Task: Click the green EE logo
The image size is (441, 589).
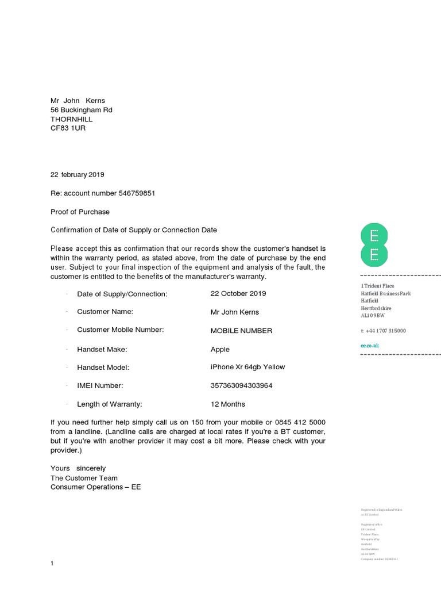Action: [x=374, y=246]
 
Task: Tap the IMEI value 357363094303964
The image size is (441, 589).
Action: [x=241, y=385]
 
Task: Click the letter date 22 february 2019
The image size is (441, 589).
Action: [x=78, y=175]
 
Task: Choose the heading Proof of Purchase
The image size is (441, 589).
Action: [x=80, y=212]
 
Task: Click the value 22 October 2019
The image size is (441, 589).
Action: [x=238, y=293]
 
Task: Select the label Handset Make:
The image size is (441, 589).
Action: [x=102, y=349]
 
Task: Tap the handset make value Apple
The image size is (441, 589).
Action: [x=220, y=349]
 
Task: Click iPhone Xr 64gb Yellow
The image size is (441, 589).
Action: [x=247, y=367]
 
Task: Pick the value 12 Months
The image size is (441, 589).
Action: [x=228, y=404]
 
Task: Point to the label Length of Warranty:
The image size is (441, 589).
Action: [x=109, y=404]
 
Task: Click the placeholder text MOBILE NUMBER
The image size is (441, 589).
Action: [x=241, y=331]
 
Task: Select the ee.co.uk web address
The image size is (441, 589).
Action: [x=370, y=346]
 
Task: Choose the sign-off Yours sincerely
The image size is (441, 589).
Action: [x=78, y=468]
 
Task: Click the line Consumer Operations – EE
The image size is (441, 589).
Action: [x=95, y=487]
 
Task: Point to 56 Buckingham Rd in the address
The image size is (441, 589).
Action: [x=81, y=110]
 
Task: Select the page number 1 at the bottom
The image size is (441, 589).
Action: [x=52, y=563]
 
